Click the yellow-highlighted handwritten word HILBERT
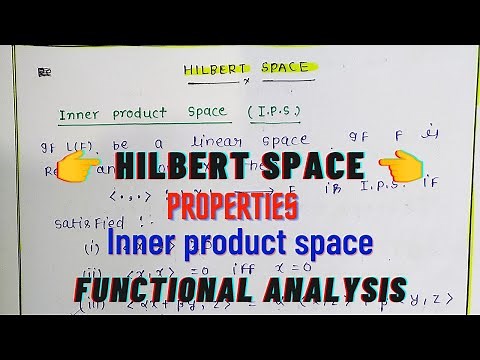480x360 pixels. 212,70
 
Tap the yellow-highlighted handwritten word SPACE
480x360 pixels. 276,70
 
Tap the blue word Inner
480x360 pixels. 144,244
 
